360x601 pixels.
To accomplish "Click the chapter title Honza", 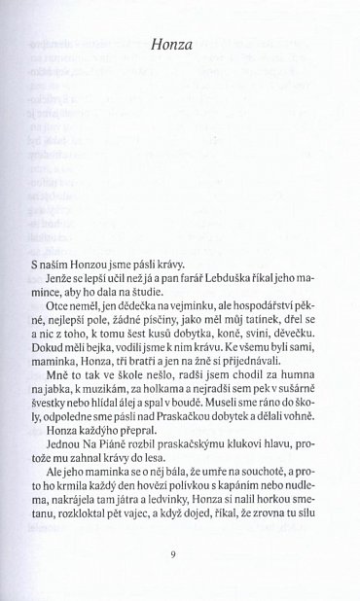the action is tap(179, 44).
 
